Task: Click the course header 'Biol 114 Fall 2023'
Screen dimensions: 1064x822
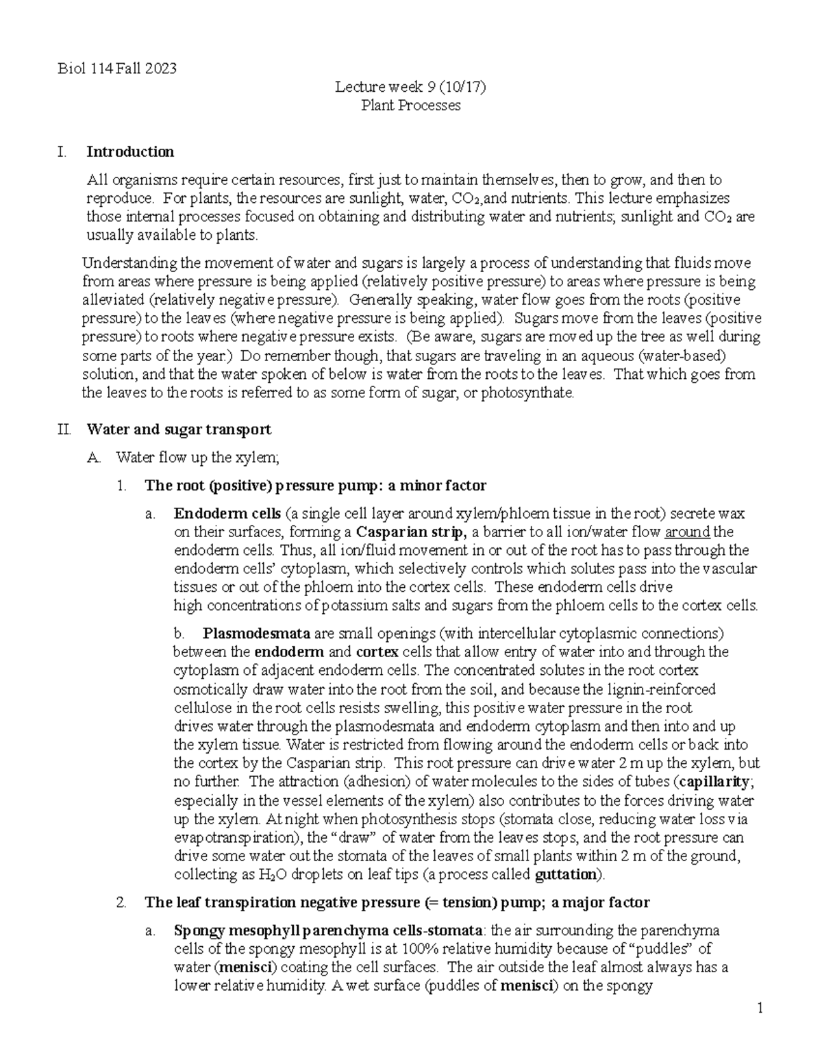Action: coord(117,69)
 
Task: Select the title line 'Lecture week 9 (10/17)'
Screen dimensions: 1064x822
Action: coord(410,87)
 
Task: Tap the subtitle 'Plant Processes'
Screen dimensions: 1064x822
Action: coord(410,106)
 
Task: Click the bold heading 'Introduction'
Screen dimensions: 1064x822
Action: coord(130,151)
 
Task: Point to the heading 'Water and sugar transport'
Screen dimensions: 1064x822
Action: coord(179,430)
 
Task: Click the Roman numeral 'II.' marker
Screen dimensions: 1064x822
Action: coord(64,430)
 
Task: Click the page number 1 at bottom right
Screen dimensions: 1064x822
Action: coord(760,1009)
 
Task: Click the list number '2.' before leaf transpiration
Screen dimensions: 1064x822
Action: coord(122,902)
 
